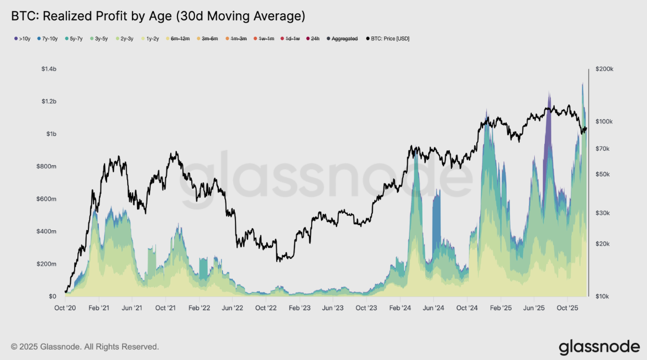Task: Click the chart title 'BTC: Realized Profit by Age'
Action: point(158,16)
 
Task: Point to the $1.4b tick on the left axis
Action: point(49,69)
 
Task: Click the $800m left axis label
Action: point(48,167)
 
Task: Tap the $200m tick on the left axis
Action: point(48,264)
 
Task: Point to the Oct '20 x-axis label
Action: point(65,308)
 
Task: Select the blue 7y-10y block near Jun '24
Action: point(436,221)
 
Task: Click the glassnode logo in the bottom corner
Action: point(599,347)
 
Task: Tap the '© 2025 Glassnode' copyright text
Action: point(85,347)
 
